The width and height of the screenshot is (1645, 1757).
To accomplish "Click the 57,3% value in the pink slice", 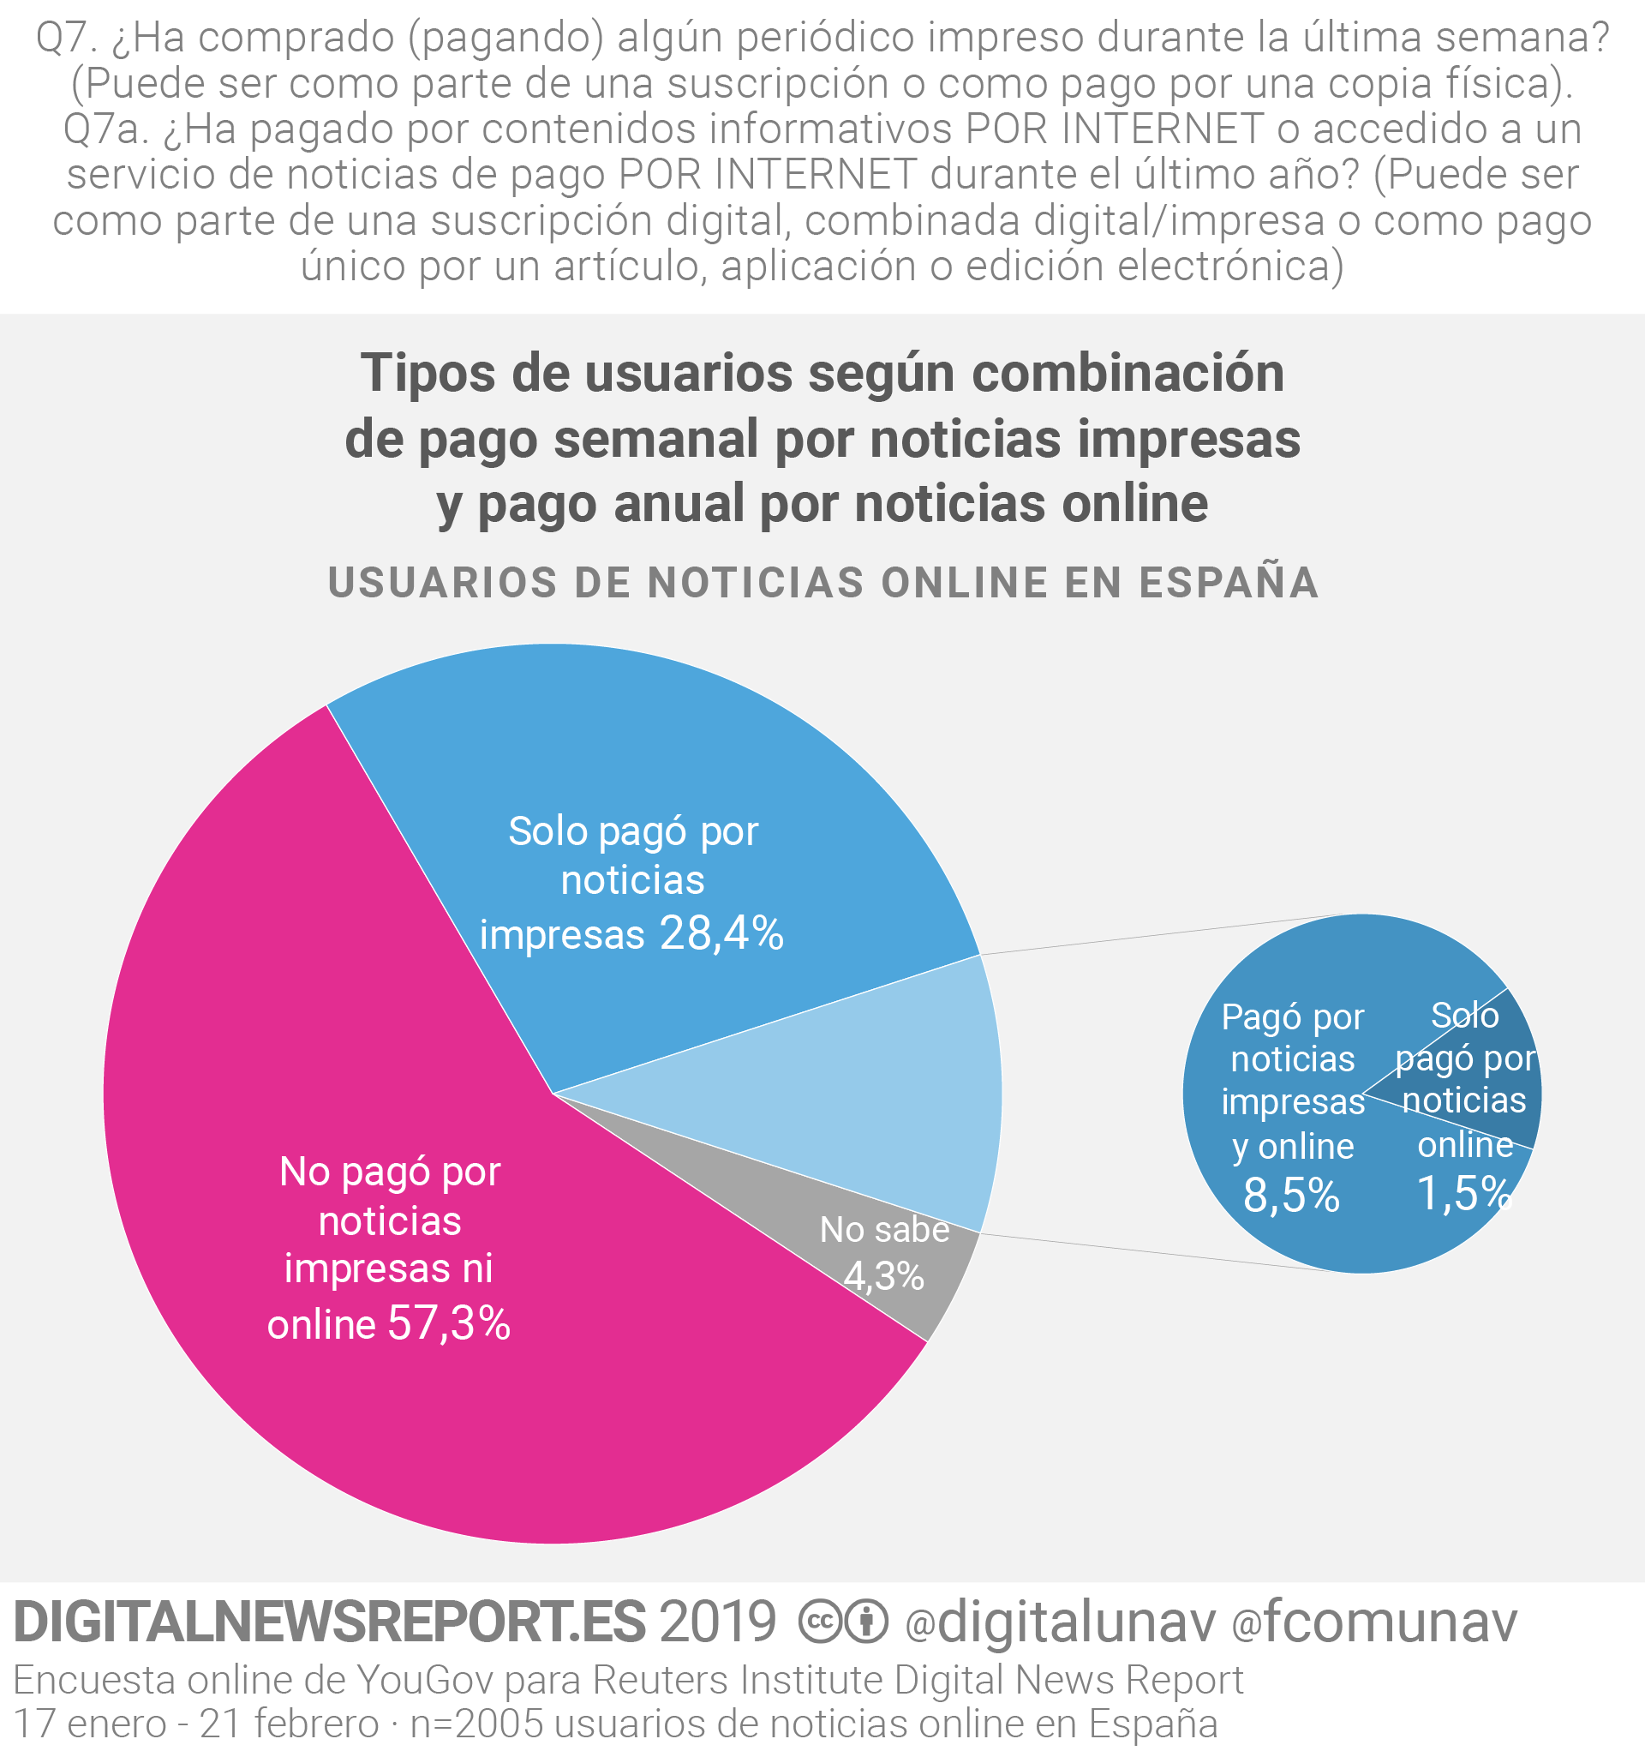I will [x=449, y=1323].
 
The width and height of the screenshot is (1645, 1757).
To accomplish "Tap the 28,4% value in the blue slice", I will [x=721, y=933].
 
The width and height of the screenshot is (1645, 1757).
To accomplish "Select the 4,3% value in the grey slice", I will [x=883, y=1275].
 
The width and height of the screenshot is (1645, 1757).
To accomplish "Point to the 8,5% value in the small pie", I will [x=1291, y=1195].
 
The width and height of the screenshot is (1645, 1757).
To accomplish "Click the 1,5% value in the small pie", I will [x=1464, y=1193].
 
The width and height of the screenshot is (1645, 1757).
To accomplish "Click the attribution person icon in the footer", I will [x=867, y=1622].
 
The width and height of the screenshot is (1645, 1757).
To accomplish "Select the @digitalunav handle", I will [x=1060, y=1622].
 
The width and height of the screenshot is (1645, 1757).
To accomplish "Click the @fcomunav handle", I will [x=1373, y=1622].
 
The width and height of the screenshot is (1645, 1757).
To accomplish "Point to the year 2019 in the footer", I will [x=717, y=1622].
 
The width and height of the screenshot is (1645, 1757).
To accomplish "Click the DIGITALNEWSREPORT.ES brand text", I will [x=330, y=1622].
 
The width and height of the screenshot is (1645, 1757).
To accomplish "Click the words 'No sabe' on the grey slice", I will [x=883, y=1229].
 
